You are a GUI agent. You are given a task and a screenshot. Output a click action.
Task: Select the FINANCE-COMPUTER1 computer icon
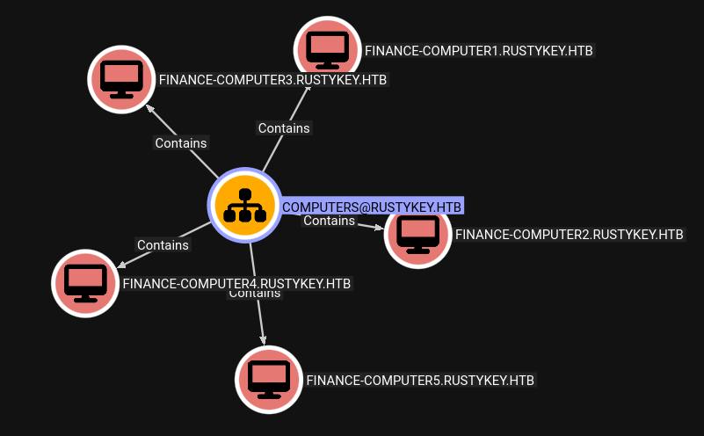[x=327, y=50]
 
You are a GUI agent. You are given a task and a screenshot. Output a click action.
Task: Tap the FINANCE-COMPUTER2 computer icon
[x=418, y=234]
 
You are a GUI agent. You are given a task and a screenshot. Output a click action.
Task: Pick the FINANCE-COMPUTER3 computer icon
[x=121, y=79]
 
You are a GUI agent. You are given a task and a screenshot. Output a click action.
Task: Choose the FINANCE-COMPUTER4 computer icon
[x=85, y=283]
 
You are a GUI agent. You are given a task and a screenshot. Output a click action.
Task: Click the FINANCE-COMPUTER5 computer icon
[x=269, y=380]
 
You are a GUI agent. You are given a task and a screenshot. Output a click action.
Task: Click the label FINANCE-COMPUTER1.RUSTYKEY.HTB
[x=479, y=51]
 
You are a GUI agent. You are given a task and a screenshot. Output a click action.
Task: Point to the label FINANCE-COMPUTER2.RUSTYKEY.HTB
[x=569, y=235]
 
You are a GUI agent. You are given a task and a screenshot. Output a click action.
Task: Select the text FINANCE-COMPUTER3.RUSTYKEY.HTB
[x=272, y=80]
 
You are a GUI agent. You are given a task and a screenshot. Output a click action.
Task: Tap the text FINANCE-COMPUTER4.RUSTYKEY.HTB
[x=236, y=284]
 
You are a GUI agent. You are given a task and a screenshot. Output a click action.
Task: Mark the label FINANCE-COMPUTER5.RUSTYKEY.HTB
[x=420, y=381]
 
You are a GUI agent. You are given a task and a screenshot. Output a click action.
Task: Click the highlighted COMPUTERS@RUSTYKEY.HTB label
[x=371, y=207]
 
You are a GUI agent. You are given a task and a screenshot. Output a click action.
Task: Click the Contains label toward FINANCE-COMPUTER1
[x=284, y=128]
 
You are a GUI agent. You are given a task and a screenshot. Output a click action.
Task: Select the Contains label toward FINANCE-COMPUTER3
[x=181, y=143]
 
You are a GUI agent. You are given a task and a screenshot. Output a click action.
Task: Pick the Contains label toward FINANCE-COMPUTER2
[x=329, y=221]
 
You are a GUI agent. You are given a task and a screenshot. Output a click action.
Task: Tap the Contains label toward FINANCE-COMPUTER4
[x=163, y=245]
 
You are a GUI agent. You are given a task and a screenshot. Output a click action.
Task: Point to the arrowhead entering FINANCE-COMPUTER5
[x=262, y=338]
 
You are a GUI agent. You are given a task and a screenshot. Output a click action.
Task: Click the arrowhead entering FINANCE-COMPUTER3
[x=149, y=109]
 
